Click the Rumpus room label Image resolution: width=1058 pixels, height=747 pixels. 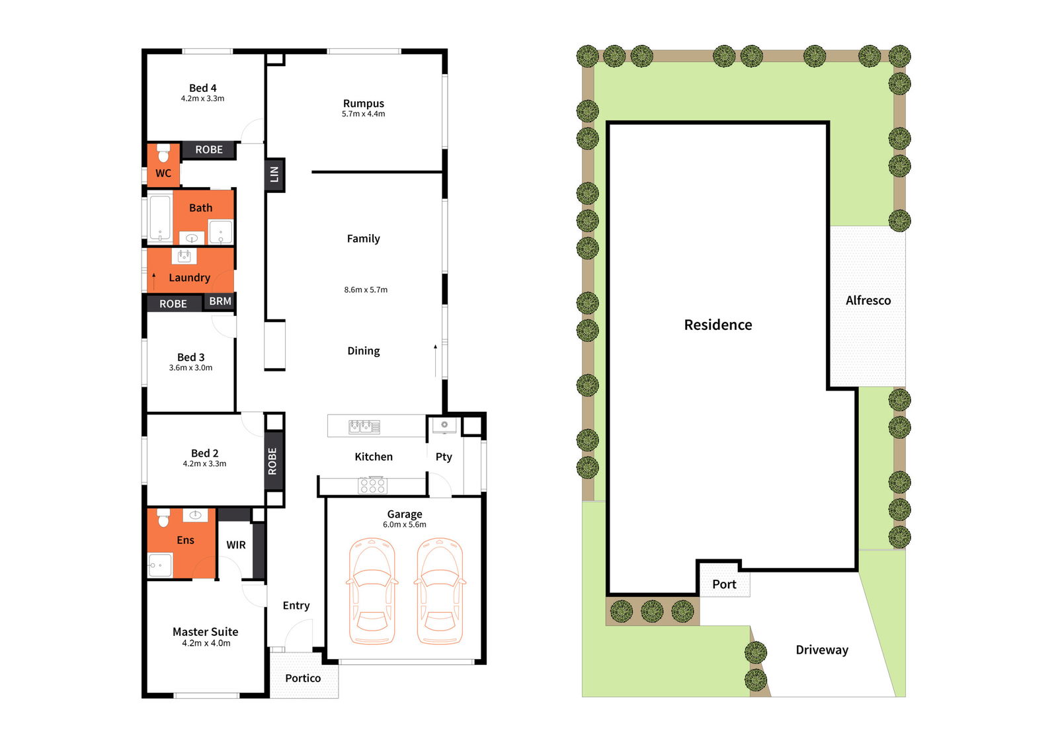[x=363, y=104]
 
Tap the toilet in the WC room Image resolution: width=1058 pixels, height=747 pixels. [x=163, y=153]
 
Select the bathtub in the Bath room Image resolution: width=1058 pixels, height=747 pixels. [x=160, y=217]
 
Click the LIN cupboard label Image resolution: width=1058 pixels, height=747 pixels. [x=274, y=175]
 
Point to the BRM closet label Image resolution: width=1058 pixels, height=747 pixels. [x=220, y=301]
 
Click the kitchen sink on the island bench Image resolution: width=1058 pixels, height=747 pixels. [x=364, y=427]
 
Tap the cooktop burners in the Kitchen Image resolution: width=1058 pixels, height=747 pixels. [x=373, y=485]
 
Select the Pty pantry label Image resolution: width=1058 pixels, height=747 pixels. [x=444, y=457]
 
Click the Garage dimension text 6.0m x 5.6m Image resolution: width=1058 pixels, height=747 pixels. [x=404, y=525]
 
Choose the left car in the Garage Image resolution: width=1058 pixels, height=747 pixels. [x=372, y=591]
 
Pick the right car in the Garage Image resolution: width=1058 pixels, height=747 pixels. [x=440, y=591]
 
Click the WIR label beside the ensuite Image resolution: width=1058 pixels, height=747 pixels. [x=235, y=545]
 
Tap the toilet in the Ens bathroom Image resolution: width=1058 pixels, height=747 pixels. [x=163, y=518]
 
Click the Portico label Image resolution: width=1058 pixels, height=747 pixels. [x=303, y=678]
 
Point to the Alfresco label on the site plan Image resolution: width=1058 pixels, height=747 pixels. [x=868, y=300]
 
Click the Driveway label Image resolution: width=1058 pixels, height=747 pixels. [x=822, y=650]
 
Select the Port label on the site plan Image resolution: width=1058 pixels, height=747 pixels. [x=724, y=584]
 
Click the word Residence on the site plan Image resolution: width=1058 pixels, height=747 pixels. [x=718, y=325]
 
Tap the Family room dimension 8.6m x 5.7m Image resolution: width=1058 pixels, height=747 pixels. [x=366, y=290]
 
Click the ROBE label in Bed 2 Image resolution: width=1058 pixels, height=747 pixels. [x=272, y=461]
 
